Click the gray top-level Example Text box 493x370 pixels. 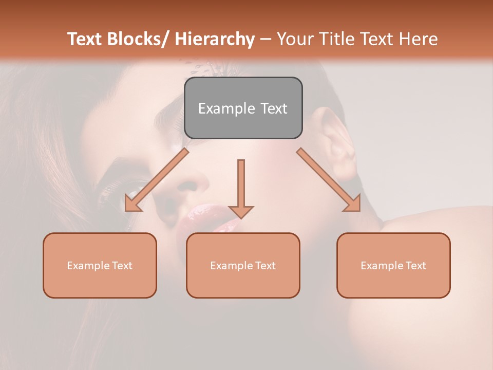[243, 108]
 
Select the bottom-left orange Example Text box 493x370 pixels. [100, 265]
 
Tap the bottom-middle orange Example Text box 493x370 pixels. [243, 265]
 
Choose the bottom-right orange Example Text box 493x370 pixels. [393, 265]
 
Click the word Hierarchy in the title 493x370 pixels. [215, 39]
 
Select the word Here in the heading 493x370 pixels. [420, 39]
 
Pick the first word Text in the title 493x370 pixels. [85, 39]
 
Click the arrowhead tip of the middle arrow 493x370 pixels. [241, 217]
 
